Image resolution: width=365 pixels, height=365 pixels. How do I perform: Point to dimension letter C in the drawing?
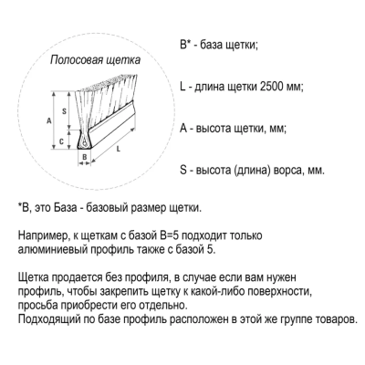tap(60, 141)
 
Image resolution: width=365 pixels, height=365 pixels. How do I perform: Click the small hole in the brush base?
tap(83, 141)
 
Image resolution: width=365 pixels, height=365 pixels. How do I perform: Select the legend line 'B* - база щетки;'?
tap(219, 47)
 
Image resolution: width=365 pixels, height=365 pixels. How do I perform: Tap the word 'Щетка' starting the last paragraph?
tap(34, 278)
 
